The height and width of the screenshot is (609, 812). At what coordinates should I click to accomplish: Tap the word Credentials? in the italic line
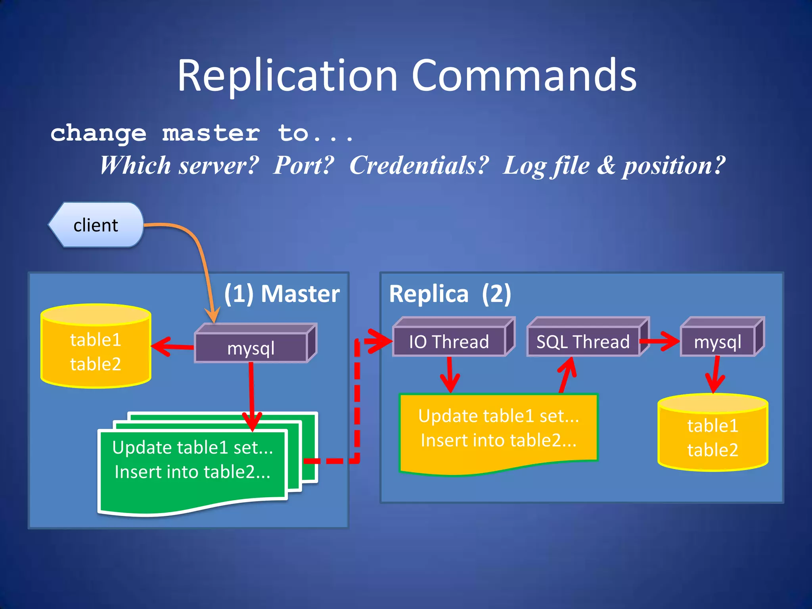pos(419,165)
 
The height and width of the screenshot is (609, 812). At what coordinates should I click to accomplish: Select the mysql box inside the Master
pos(251,348)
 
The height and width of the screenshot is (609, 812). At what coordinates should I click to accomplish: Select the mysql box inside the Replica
pos(717,341)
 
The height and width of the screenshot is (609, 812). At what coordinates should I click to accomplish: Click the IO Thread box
pos(449,341)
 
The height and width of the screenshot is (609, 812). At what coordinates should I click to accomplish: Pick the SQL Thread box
pos(582,341)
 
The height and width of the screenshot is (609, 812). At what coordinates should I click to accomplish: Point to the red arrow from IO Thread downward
pos(450,375)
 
